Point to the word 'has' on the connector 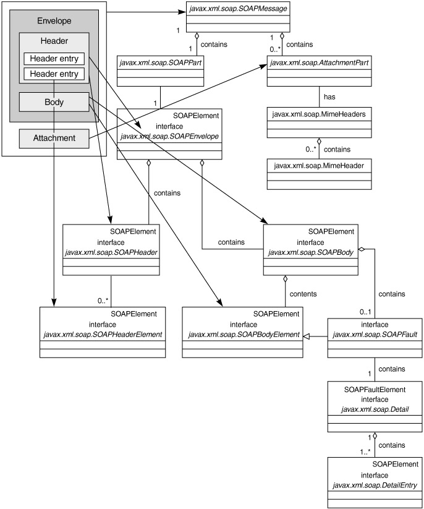329,96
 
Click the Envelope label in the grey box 54,20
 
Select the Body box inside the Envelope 54,102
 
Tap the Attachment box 54,138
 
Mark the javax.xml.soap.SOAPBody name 310,252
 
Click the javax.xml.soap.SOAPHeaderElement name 103,334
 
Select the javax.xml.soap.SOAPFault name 368,334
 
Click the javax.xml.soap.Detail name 366,409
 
